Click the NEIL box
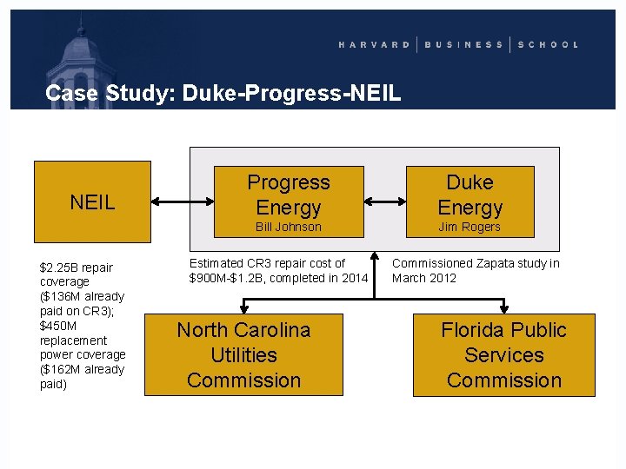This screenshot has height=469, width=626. [92, 201]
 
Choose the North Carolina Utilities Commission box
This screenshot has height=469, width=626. [243, 354]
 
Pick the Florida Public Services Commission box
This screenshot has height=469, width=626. [503, 354]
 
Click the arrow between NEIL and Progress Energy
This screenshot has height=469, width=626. [182, 201]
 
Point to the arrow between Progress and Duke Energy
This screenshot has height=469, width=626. [384, 201]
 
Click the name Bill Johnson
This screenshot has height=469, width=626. [289, 227]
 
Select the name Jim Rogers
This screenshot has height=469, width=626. [469, 227]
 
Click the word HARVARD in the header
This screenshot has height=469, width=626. [374, 44]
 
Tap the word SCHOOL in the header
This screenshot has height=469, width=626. [548, 44]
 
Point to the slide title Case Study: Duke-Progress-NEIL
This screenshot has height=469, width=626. [223, 93]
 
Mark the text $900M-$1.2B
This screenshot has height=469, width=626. [231, 278]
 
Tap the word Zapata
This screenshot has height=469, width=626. [488, 263]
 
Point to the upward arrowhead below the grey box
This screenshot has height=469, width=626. [374, 258]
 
